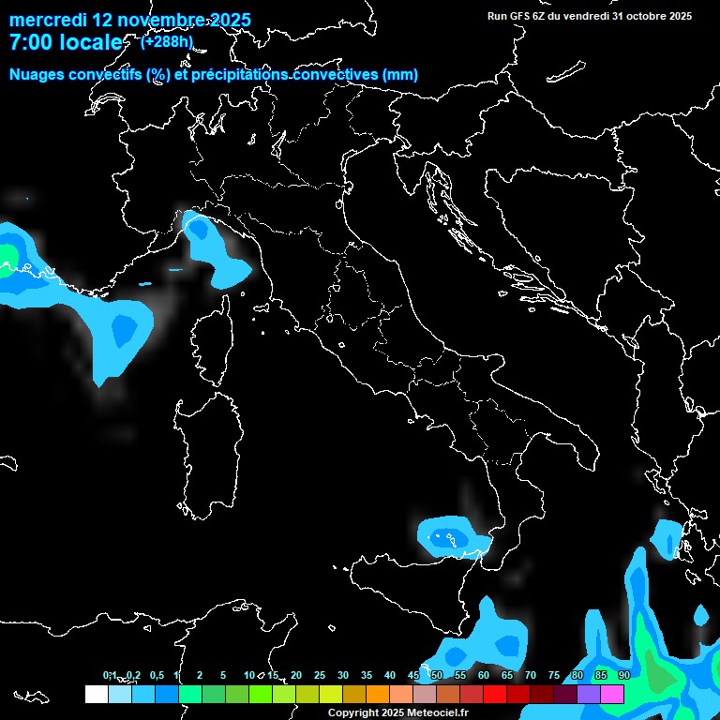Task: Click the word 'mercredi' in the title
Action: (49, 20)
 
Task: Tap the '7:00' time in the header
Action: (31, 42)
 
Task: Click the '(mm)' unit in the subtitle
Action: (399, 75)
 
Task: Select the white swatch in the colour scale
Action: (96, 694)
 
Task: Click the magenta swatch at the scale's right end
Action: (612, 694)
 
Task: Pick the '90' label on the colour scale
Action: (623, 675)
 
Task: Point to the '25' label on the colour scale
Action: (320, 675)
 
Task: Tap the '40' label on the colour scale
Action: (390, 675)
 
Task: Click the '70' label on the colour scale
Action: (531, 675)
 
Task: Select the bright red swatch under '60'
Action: (495, 694)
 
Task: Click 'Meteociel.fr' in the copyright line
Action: (437, 713)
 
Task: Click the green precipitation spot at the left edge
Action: (7, 255)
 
